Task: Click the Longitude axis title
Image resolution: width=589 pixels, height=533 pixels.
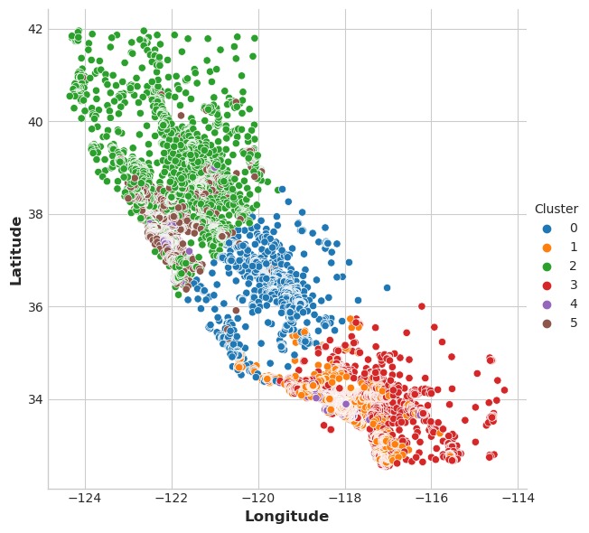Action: (x=287, y=517)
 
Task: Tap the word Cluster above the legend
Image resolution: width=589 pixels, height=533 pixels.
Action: (x=556, y=210)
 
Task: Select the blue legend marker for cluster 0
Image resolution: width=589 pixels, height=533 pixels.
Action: (x=547, y=228)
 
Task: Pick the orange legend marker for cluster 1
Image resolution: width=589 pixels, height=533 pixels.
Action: (x=547, y=247)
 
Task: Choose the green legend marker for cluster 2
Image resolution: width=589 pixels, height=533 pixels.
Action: (x=547, y=266)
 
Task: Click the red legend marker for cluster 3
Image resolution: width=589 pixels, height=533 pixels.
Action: (x=547, y=285)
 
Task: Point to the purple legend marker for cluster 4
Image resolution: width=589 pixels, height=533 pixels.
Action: (x=547, y=304)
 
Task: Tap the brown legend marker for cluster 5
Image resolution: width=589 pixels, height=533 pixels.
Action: (x=547, y=323)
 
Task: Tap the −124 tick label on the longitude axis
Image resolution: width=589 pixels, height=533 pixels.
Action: (x=85, y=499)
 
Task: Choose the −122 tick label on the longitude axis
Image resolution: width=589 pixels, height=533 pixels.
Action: (x=172, y=499)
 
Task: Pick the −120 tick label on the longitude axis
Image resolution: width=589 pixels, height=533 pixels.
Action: (x=258, y=499)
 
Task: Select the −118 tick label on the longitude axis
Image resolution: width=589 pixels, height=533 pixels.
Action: (x=345, y=499)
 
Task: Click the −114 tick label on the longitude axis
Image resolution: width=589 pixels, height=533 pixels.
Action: (x=518, y=499)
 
